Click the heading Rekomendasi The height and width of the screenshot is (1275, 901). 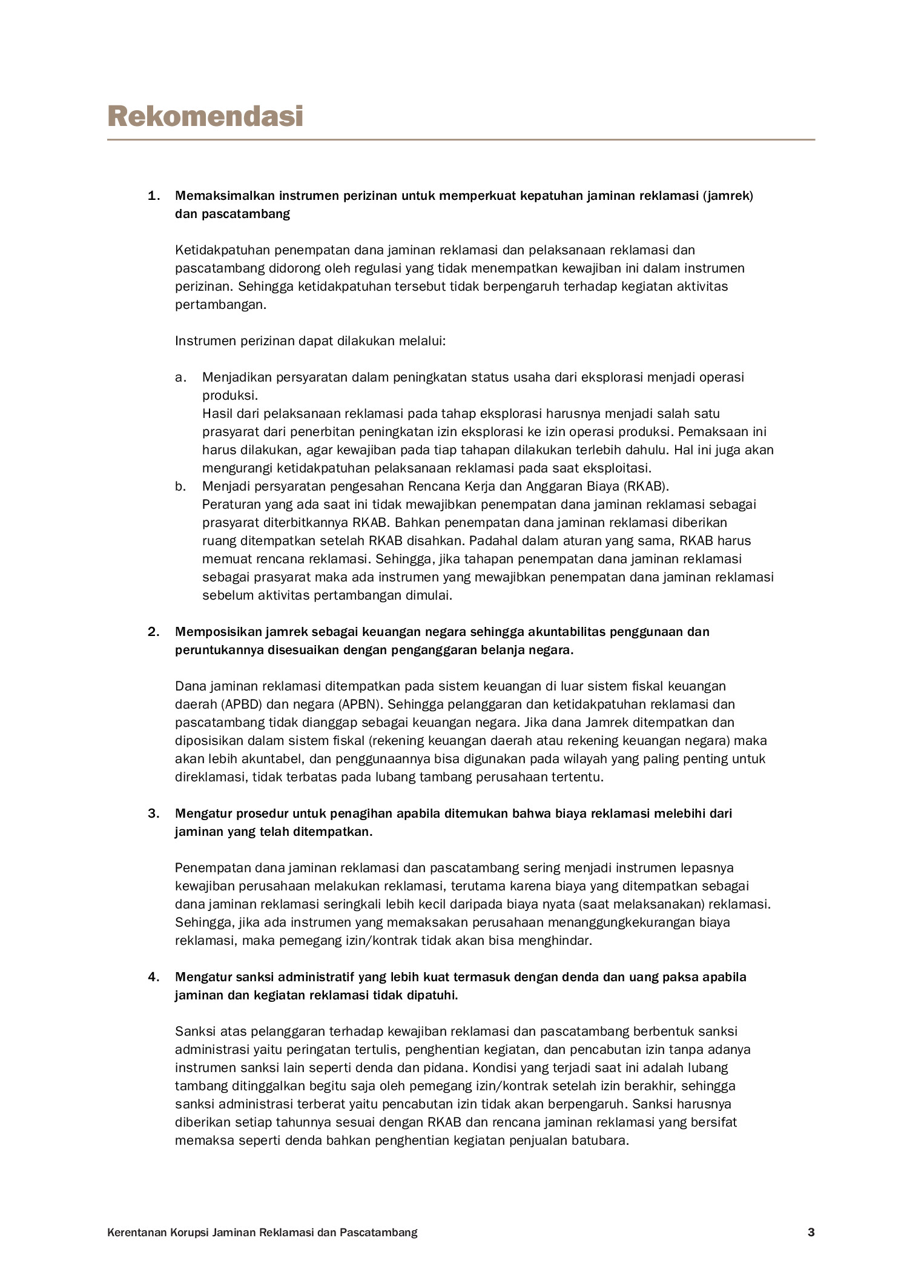[x=205, y=116]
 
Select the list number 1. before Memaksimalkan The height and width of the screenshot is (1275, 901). [x=154, y=196]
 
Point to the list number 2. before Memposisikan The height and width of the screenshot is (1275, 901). [x=154, y=632]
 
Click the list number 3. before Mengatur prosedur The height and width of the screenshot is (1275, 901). [x=154, y=813]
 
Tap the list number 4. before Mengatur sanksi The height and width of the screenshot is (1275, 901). [x=154, y=977]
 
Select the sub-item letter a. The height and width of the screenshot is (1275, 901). [x=180, y=377]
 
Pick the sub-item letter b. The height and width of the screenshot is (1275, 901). [x=180, y=486]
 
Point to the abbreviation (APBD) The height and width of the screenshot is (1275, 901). [x=223, y=704]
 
